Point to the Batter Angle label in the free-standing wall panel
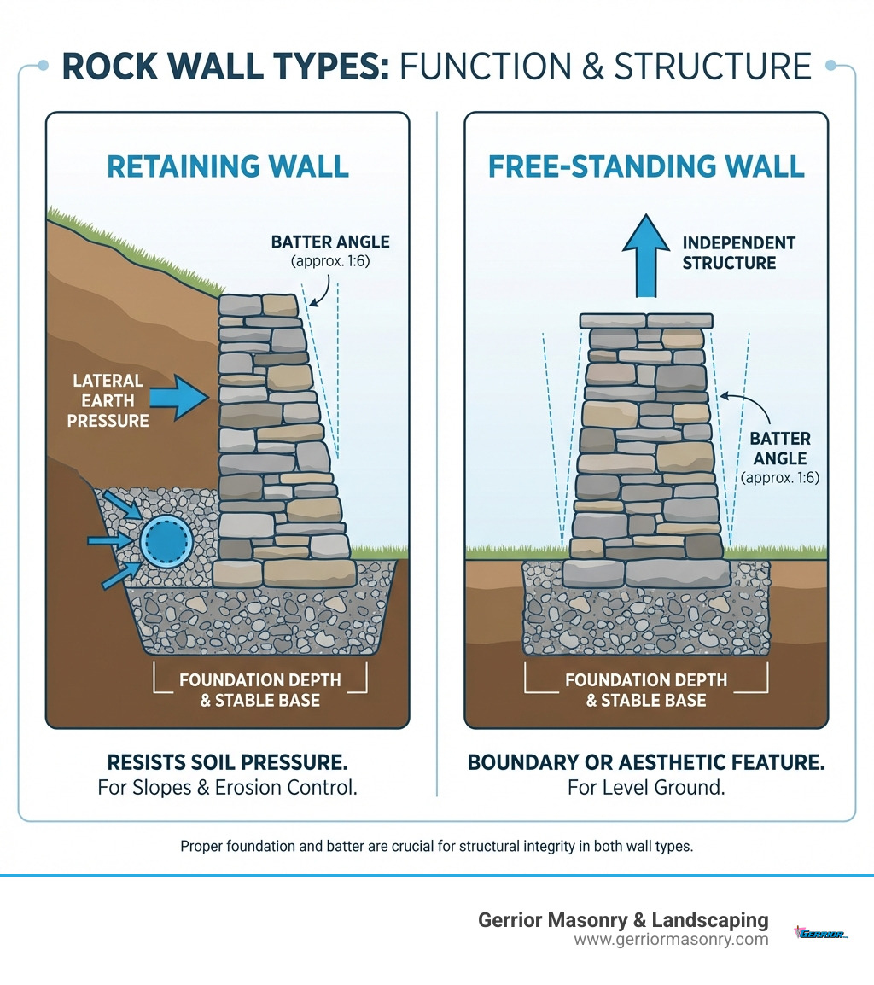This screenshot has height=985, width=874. coord(780,448)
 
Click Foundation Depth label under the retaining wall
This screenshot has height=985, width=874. coord(260,691)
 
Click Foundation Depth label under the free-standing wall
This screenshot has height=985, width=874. coord(646,691)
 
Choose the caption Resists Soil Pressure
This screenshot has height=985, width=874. coord(227,762)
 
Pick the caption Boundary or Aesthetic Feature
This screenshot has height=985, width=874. coord(646,762)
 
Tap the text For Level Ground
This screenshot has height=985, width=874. coord(646,788)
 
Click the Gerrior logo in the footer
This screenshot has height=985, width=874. coord(820,933)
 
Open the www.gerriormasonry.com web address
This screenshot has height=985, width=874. coord(671,940)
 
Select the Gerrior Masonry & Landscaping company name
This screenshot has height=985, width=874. coord(623,920)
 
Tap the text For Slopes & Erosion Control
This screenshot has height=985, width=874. coord(227,788)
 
